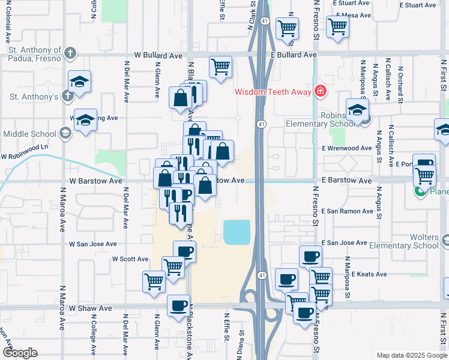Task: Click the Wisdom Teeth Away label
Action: (x=273, y=92)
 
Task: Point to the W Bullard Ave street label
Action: (x=158, y=55)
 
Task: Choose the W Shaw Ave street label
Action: (x=90, y=308)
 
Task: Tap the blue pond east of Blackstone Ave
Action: (x=237, y=232)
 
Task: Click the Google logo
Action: (x=20, y=353)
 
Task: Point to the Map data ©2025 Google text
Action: (x=411, y=355)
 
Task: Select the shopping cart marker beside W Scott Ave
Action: (x=173, y=266)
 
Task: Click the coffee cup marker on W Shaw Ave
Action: (x=178, y=305)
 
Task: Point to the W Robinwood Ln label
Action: (x=23, y=156)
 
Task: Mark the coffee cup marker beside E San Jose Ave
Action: (x=310, y=256)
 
